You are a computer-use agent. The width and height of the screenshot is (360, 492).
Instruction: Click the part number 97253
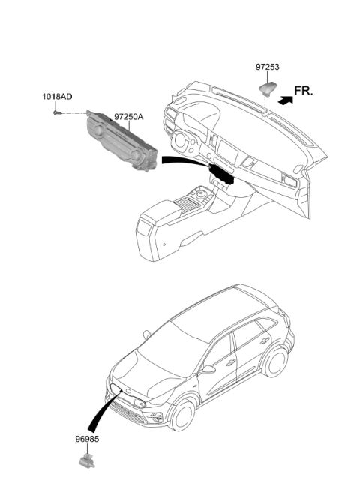click(x=268, y=67)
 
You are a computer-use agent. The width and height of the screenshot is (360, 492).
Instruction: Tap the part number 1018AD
click(x=57, y=97)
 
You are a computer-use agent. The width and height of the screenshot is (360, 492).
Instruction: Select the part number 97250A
click(x=128, y=117)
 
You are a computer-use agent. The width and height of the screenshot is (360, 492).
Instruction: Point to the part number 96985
click(x=87, y=439)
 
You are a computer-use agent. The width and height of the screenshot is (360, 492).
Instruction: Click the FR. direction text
click(x=304, y=91)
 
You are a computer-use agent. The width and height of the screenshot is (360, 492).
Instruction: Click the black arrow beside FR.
click(x=286, y=100)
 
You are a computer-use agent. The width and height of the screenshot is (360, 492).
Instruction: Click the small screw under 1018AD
click(x=58, y=113)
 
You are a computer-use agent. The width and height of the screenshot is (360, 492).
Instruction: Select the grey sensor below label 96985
click(x=87, y=461)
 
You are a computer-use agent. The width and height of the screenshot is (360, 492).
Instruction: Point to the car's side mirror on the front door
click(x=208, y=369)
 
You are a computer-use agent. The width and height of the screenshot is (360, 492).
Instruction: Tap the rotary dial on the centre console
click(x=200, y=195)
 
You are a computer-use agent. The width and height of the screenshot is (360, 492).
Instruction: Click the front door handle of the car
click(x=231, y=363)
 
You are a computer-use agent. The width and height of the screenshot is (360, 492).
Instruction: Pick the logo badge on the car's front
click(x=129, y=391)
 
